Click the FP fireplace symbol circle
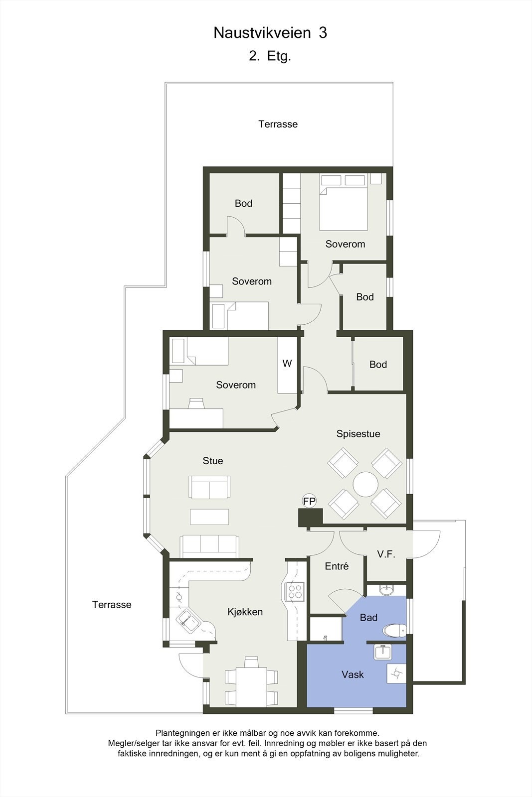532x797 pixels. click(x=309, y=501)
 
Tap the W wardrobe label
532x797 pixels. click(x=287, y=364)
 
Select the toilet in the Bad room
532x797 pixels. click(x=394, y=631)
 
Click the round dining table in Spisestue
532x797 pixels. click(x=365, y=484)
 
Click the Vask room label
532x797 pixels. click(x=353, y=674)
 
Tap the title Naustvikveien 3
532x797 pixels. click(x=270, y=33)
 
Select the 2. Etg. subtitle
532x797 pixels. click(x=270, y=56)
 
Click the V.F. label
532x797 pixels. click(x=386, y=554)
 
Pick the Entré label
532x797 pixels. click(x=337, y=566)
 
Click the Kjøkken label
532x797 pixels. click(x=245, y=612)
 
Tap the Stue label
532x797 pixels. click(x=212, y=461)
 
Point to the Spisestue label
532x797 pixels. click(x=358, y=434)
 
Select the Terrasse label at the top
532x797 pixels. click(x=278, y=124)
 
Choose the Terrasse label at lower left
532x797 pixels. click(x=112, y=605)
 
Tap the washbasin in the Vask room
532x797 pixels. click(x=382, y=652)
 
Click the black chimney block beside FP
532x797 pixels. click(x=310, y=517)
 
